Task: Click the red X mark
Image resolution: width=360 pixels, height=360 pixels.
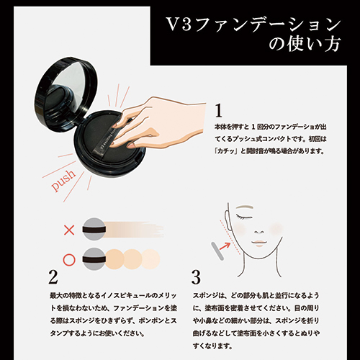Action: pos(70,230)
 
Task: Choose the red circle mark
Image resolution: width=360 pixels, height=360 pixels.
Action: pos(70,256)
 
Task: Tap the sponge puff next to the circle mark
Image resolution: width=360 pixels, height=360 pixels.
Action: pos(94,256)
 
